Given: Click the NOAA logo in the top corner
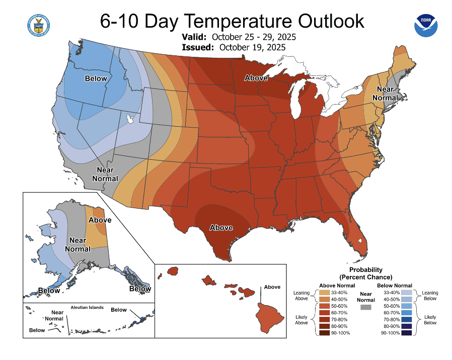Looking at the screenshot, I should coord(426,25).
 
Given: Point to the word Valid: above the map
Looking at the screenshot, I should coord(194,38).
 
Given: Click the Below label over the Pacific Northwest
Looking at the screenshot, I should coord(96,78).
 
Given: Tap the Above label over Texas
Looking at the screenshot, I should coord(221,228).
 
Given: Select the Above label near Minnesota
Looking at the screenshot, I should coord(256,78).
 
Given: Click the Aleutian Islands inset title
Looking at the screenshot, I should coord(87,307).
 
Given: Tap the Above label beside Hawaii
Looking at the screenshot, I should coord(272,287).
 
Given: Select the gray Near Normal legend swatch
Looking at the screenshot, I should coord(366,307).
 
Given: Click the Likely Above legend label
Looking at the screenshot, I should coord(302,319).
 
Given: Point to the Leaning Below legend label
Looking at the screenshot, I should coord(430,296).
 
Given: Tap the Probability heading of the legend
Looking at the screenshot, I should coord(366,270).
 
